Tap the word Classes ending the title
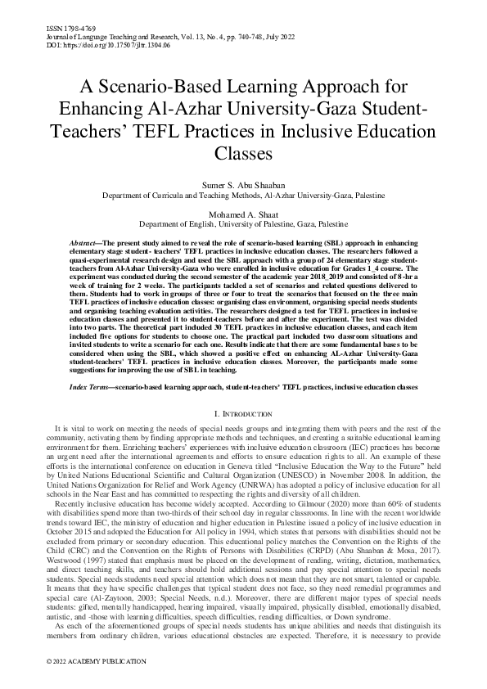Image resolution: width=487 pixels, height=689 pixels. tap(243, 152)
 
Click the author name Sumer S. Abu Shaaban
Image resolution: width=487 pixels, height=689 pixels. tap(242, 186)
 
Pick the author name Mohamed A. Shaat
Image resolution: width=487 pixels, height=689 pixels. tap(243, 213)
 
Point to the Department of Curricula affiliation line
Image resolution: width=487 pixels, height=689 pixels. tap(243, 196)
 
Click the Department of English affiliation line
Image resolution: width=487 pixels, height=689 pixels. tap(243, 223)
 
